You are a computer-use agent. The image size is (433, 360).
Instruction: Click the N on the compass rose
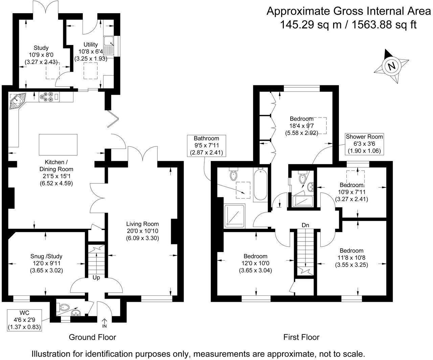click(x=391, y=66)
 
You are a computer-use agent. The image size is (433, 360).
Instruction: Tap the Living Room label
click(x=142, y=224)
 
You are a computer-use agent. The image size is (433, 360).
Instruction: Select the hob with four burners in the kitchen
click(x=49, y=97)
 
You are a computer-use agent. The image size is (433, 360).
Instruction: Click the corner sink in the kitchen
click(x=17, y=101)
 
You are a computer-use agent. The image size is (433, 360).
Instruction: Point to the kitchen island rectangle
click(x=58, y=145)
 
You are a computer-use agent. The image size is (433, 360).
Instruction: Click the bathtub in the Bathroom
click(x=260, y=185)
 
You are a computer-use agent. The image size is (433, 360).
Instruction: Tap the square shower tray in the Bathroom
click(x=234, y=216)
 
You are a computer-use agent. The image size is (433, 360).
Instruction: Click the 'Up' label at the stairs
click(x=96, y=278)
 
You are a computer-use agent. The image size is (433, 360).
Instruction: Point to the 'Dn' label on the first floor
click(x=305, y=225)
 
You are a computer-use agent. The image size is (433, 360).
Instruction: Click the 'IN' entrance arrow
click(x=104, y=323)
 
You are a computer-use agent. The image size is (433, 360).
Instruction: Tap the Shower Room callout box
click(x=364, y=144)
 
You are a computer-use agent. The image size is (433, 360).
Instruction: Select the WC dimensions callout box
click(x=24, y=320)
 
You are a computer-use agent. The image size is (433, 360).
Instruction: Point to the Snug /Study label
click(x=46, y=256)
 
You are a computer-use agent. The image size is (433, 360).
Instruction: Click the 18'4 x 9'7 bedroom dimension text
click(x=301, y=126)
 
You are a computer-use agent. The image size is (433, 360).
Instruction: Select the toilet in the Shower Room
click(x=302, y=178)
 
